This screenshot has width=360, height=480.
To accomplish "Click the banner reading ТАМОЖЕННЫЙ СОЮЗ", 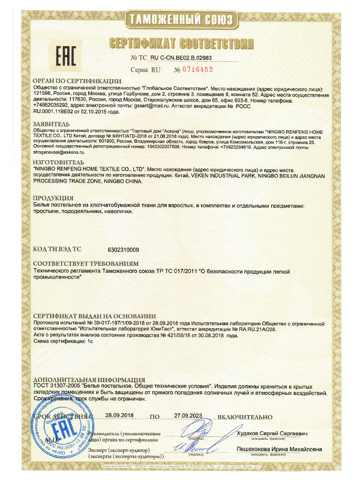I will (180, 19).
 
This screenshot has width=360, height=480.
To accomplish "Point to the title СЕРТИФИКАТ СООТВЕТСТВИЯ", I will (180, 43).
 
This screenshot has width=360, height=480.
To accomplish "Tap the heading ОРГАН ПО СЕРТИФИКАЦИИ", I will (74, 80).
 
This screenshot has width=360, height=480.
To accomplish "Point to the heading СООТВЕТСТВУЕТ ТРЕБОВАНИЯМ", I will (86, 263).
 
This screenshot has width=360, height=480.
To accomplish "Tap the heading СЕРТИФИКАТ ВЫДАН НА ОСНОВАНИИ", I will (91, 316).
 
